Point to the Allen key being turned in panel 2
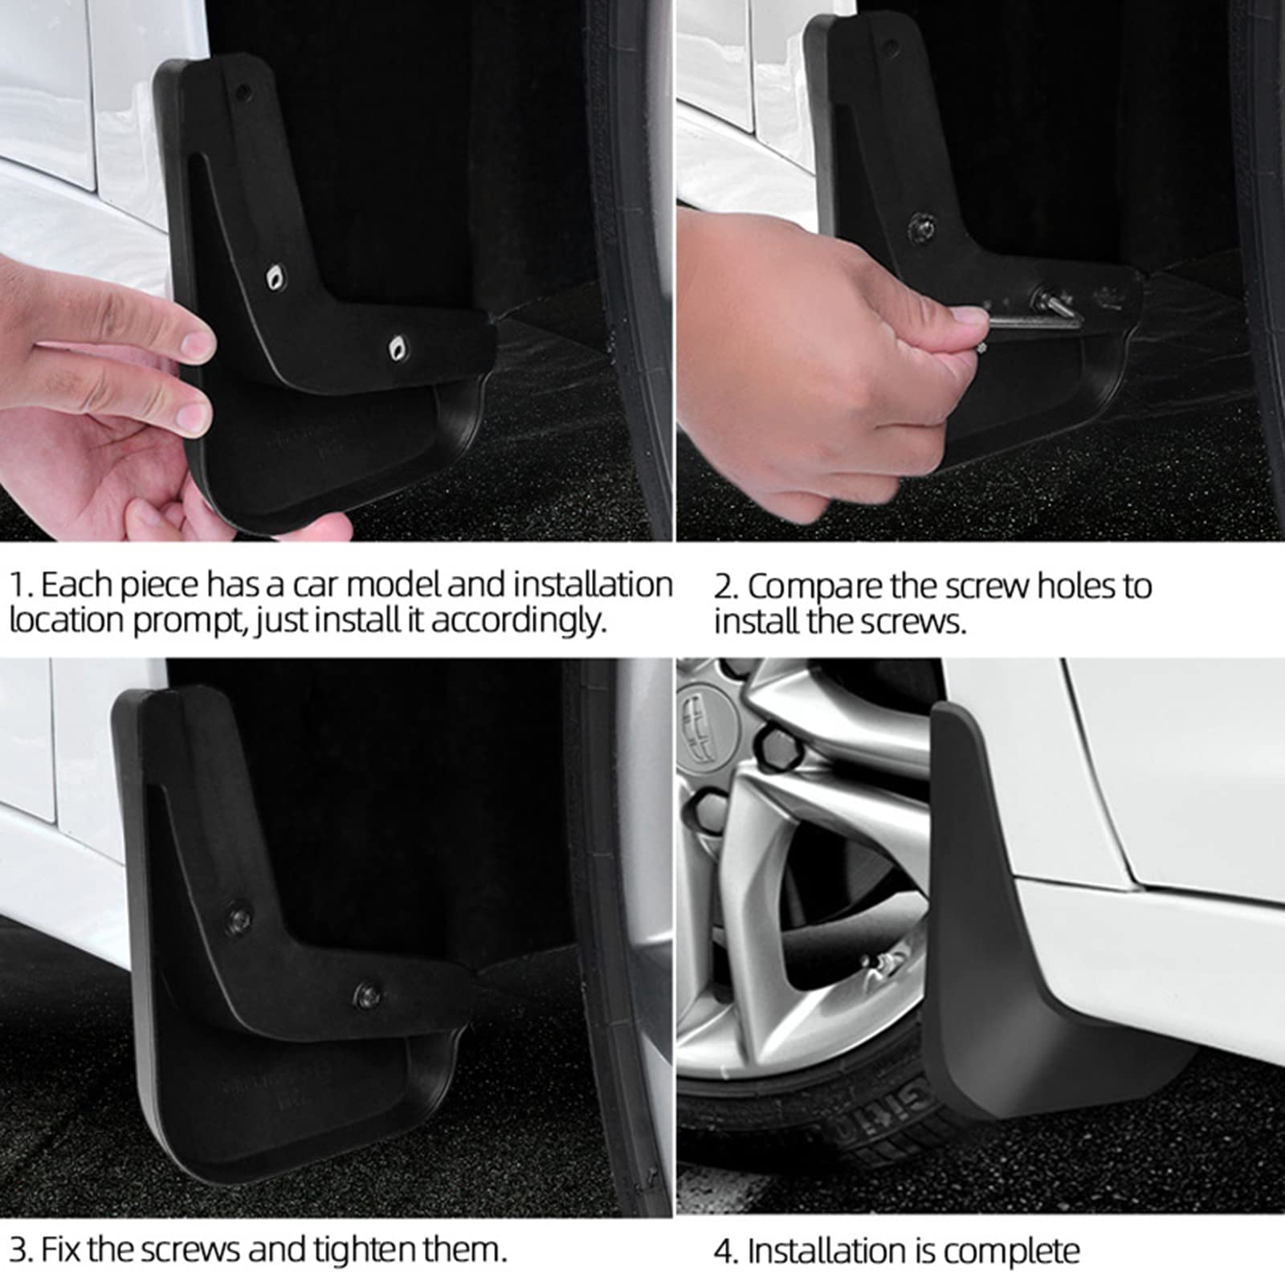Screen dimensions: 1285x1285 [x=1036, y=315]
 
